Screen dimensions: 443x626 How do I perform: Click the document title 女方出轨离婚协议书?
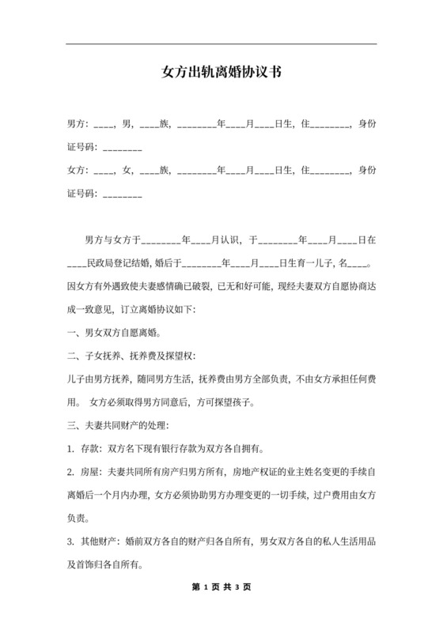[x=221, y=72]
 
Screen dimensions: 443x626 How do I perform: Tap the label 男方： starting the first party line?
[x=78, y=125]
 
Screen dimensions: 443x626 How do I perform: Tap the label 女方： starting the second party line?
[x=78, y=170]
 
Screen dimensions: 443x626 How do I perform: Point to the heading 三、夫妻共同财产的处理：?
[x=118, y=428]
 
